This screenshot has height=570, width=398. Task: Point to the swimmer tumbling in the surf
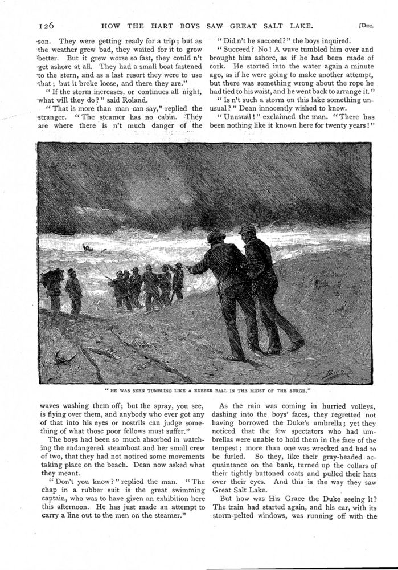(x=87, y=249)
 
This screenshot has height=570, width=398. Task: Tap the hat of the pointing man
(x=216, y=236)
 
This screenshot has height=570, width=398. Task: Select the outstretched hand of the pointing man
(x=190, y=270)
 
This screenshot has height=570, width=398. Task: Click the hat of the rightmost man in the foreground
(x=247, y=229)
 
